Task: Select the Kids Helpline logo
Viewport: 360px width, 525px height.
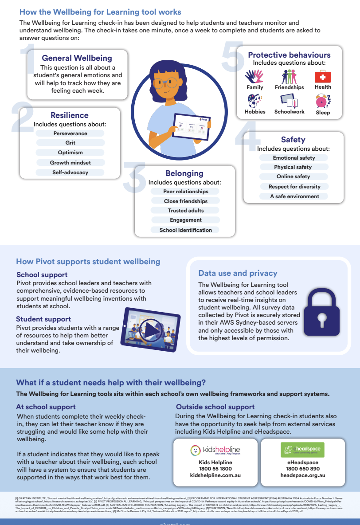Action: tap(215, 450)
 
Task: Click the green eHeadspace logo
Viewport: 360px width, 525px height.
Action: tap(303, 450)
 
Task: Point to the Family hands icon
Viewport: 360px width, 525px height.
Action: tap(255, 77)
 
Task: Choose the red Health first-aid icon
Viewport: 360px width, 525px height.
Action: tap(323, 77)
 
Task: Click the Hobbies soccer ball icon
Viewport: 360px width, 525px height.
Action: tap(255, 102)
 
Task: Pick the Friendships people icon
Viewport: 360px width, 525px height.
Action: tap(289, 76)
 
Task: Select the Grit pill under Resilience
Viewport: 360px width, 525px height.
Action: tap(70, 143)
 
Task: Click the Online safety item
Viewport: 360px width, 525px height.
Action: tap(293, 176)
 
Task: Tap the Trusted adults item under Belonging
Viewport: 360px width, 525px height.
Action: tap(186, 210)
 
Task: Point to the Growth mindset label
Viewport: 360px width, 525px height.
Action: tap(70, 162)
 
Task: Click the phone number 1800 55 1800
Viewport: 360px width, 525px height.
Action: tap(215, 468)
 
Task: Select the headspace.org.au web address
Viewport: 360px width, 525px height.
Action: tap(303, 475)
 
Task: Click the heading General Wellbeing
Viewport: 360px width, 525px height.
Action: tap(77, 58)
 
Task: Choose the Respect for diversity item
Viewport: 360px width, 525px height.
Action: tap(294, 186)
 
